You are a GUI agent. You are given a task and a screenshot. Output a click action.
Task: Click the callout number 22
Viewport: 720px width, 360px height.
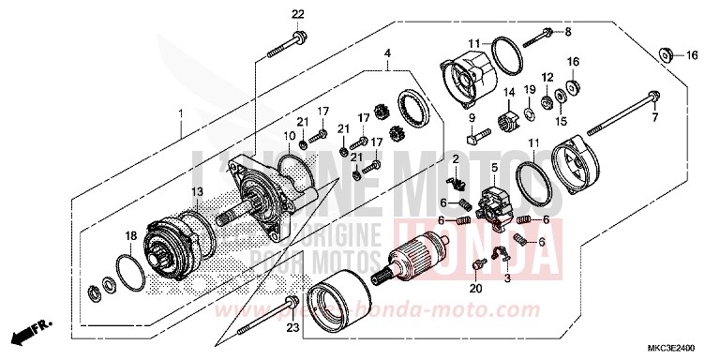[297, 12]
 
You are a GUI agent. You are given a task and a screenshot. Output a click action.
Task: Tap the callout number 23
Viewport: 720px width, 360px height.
[291, 328]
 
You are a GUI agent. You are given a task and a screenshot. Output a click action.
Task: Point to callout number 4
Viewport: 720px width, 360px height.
[387, 53]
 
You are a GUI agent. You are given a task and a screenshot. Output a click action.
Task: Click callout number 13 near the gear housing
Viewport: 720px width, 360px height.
[198, 192]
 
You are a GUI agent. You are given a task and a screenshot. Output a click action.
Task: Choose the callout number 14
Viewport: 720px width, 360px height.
[511, 91]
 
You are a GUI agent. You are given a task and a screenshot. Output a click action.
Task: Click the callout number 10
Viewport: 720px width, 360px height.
[290, 137]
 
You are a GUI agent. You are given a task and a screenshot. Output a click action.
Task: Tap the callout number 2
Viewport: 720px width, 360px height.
[456, 158]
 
